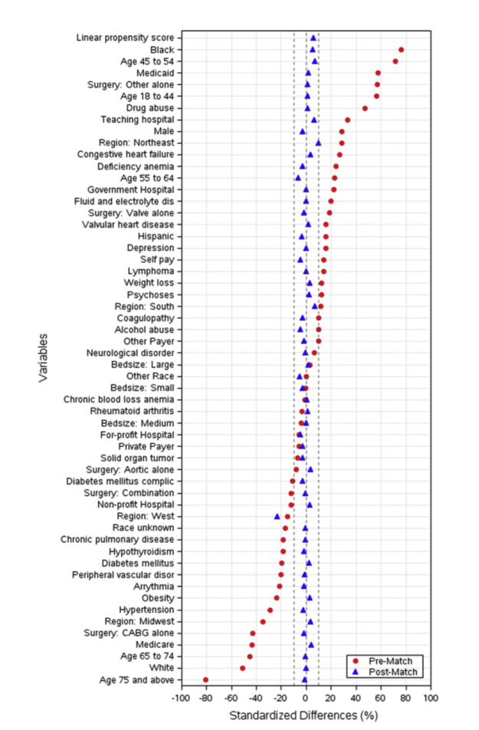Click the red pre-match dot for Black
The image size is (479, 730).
coord(401,50)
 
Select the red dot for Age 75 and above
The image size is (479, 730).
coord(205,680)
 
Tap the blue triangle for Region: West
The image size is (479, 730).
coord(277,517)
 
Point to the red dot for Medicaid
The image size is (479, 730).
coord(378,73)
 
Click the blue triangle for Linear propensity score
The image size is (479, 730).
coord(313,38)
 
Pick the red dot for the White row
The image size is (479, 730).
coord(243,669)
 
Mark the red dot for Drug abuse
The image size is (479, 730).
coord(365,108)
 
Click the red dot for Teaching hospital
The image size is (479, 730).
coord(347,120)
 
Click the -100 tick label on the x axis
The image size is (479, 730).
coord(181,699)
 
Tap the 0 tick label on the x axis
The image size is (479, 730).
coord(306,699)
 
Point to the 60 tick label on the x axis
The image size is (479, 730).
coord(381,699)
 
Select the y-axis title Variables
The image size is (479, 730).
coord(43,357)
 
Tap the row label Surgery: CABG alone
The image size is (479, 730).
coord(130,633)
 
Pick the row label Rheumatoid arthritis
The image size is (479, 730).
coord(130,411)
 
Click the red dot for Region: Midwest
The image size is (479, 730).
coord(263,622)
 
